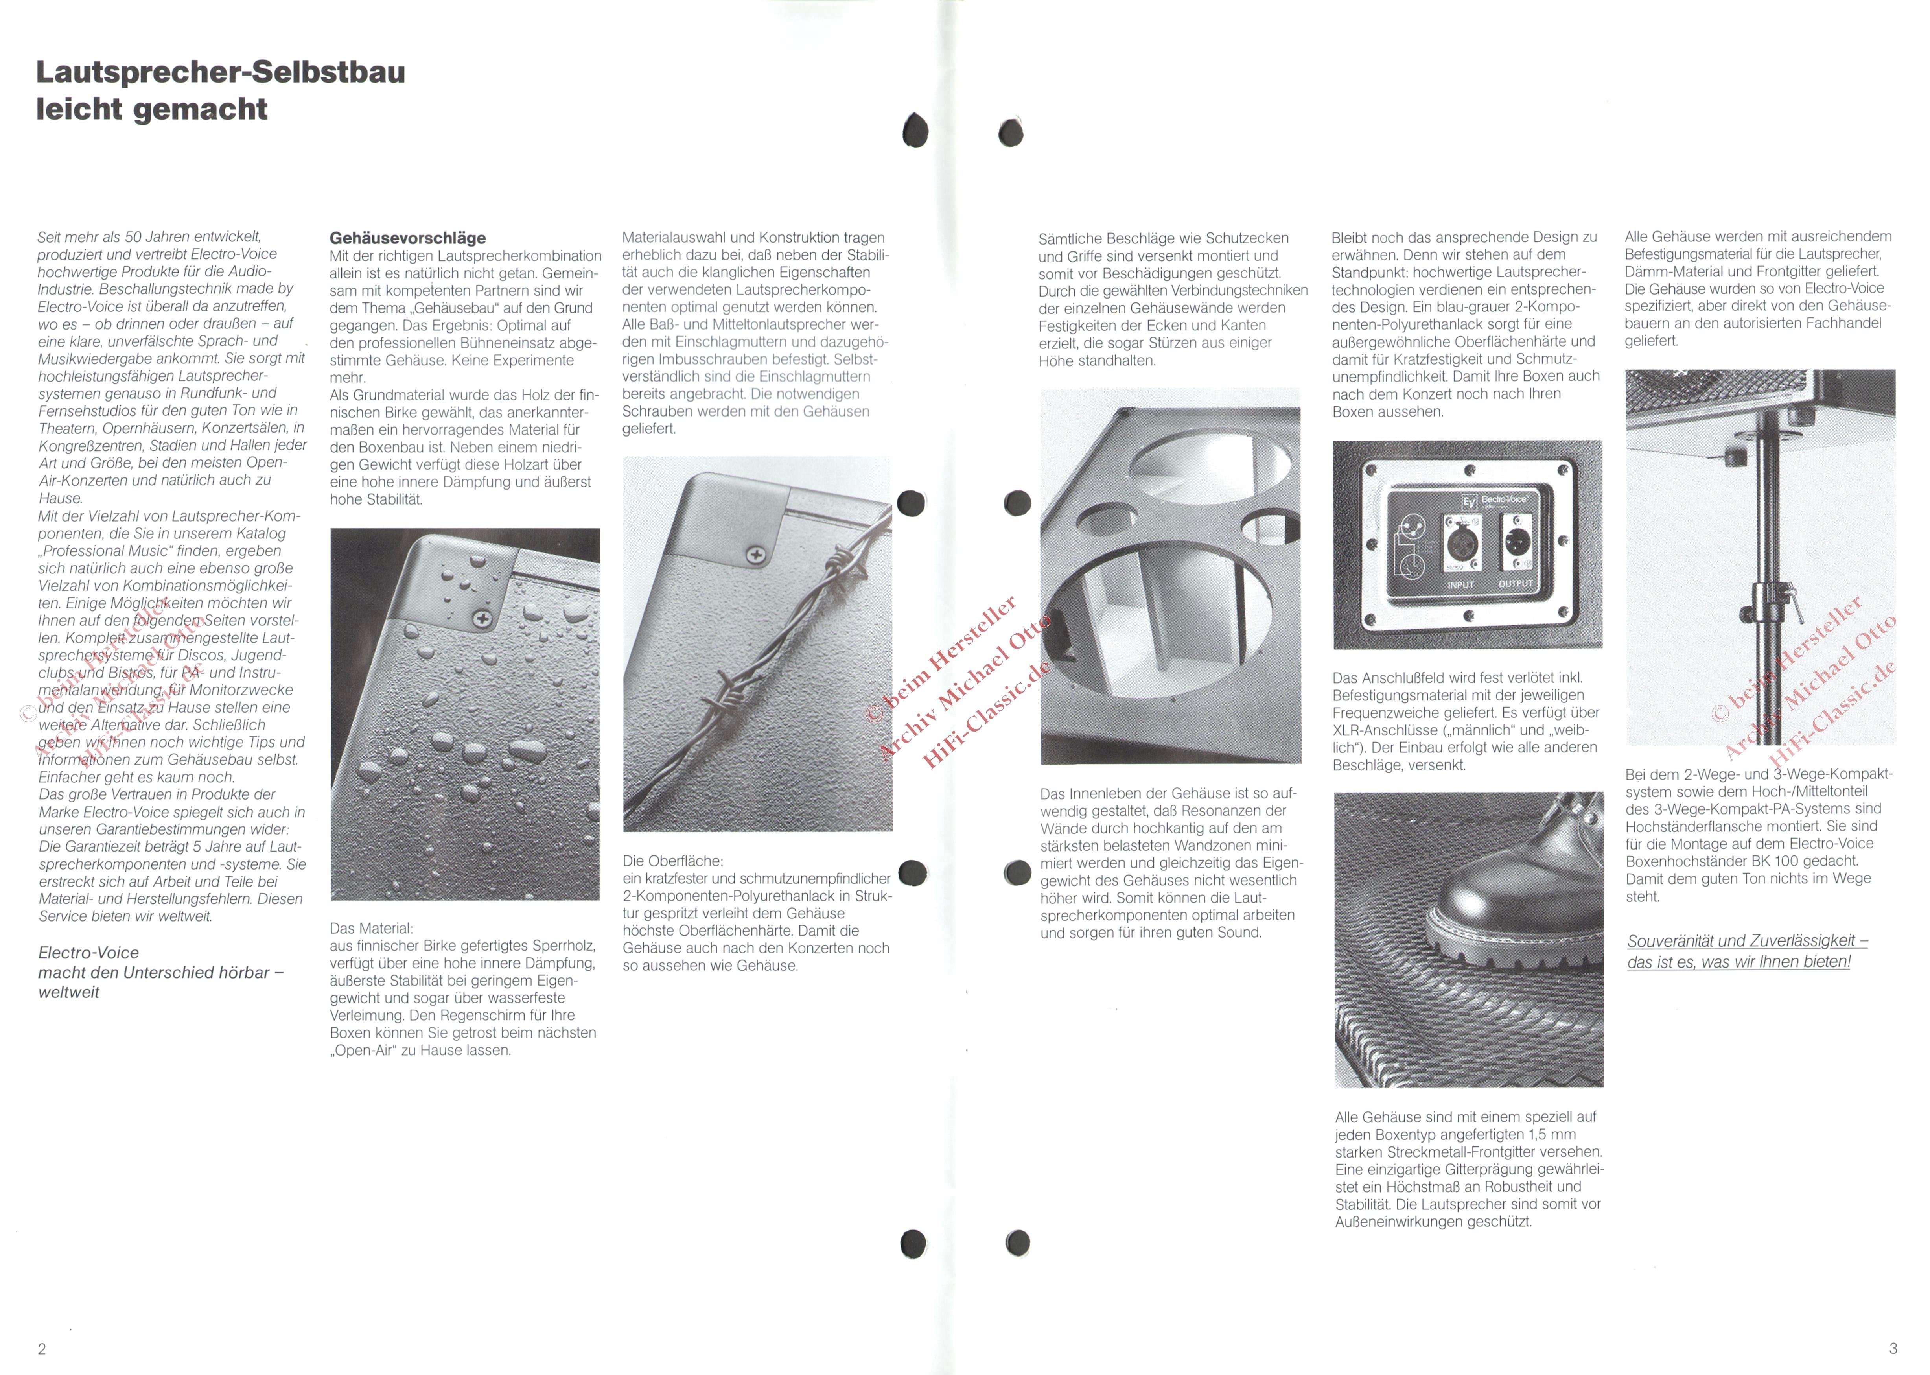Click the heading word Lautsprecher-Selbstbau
[220, 73]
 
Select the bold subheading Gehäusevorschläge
[408, 238]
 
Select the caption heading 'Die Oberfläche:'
[673, 861]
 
